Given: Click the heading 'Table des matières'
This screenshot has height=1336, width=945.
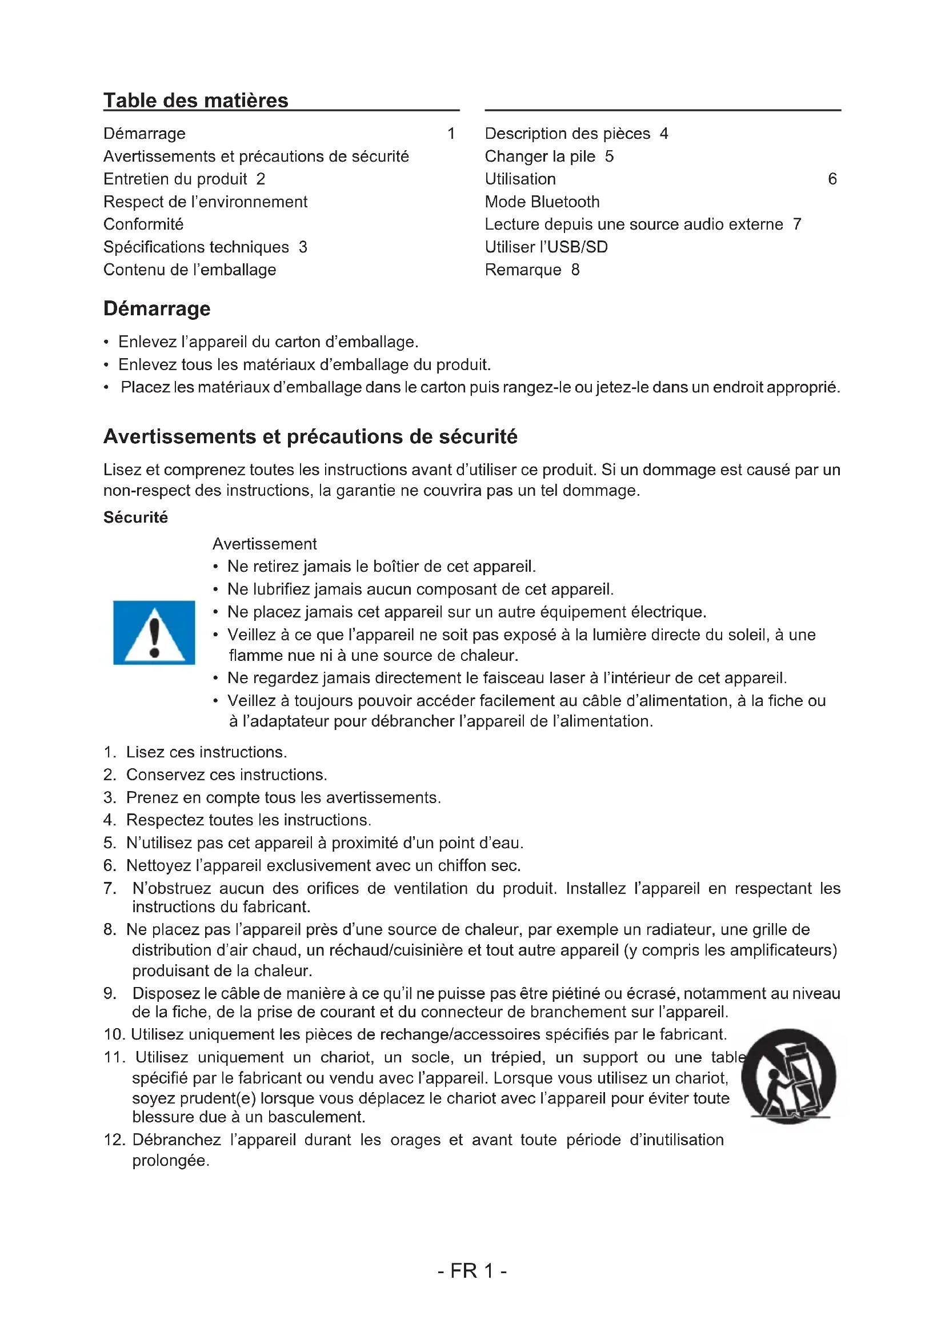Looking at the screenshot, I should click(x=195, y=101).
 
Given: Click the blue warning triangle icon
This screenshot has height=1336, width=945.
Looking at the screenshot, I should click(x=154, y=632).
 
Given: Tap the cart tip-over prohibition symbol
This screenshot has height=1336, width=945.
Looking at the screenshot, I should click(x=788, y=1076).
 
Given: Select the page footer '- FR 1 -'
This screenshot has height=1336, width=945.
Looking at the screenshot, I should click(x=472, y=1271).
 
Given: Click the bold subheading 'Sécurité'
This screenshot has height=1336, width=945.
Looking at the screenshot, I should click(x=135, y=517).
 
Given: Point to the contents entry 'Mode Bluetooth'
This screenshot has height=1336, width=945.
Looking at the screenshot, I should click(x=542, y=202).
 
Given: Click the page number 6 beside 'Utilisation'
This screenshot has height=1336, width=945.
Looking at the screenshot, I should click(x=832, y=179).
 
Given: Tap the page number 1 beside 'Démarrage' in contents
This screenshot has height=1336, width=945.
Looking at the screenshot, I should click(x=451, y=134).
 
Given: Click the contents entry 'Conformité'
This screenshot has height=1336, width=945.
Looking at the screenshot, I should click(x=143, y=224).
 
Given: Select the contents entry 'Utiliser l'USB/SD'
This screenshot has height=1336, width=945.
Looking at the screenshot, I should click(x=546, y=247).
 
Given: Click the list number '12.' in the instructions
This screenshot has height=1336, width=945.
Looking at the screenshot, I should click(x=114, y=1140).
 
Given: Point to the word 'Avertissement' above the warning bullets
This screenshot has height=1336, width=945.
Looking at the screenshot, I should click(x=264, y=544).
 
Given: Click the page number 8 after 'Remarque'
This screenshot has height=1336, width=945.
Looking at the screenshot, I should click(x=575, y=270).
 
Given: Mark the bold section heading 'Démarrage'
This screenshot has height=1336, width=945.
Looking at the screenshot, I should click(x=157, y=309).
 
